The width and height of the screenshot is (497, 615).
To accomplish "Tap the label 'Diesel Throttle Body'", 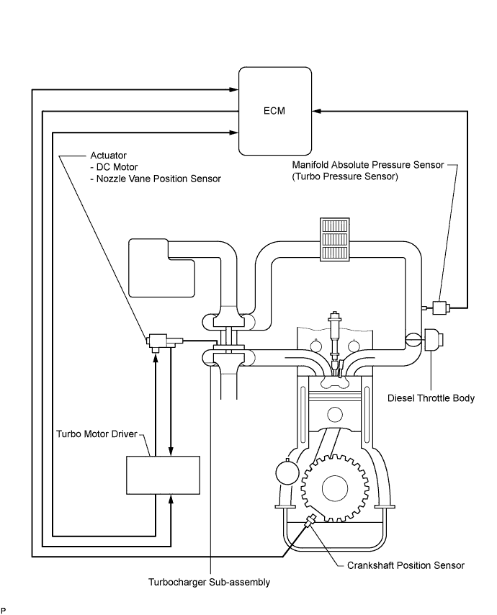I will coord(431,398).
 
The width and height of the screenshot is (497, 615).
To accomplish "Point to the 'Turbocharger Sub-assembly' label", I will coord(210,582).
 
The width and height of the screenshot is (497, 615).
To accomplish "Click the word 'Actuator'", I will coord(109,156).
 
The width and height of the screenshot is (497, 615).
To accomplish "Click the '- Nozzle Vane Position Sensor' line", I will coord(156,179).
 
